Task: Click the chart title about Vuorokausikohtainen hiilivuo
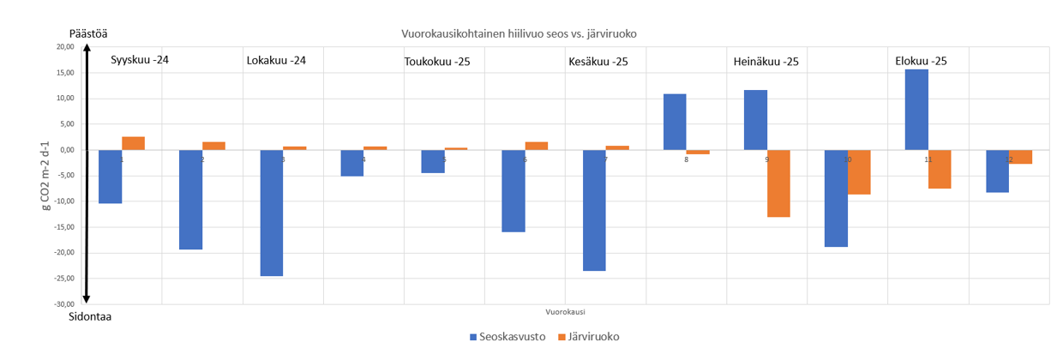point(519,33)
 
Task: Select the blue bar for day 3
point(271,213)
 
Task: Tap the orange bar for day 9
point(778,183)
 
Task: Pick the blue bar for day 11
point(916,110)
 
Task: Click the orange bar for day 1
point(133,143)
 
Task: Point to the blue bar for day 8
point(675,122)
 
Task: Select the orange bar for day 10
point(859,172)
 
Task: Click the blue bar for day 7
point(594,210)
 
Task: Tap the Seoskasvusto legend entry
point(506,337)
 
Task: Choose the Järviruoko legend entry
point(588,337)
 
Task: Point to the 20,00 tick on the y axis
point(63,47)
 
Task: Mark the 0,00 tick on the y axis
point(67,150)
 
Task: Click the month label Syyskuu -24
point(140,61)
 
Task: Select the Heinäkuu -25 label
point(766,62)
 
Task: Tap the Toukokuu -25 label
point(437,62)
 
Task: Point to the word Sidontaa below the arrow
point(90,316)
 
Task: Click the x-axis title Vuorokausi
point(566,311)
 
